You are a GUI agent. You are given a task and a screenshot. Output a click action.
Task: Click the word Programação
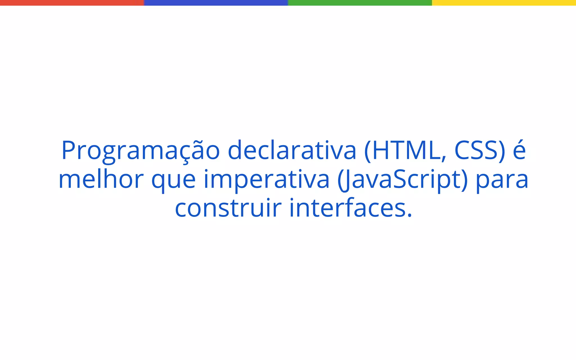140,151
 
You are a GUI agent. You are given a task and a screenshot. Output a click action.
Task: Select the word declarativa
292,151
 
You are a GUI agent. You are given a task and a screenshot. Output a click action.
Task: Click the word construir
228,208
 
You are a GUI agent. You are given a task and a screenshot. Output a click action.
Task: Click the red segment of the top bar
72,3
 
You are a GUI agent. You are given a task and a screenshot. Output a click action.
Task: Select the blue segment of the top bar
216,3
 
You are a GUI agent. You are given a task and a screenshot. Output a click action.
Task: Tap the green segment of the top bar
360,3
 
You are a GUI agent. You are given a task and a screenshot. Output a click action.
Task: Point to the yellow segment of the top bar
504,3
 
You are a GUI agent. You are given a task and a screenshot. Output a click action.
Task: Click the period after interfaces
409,216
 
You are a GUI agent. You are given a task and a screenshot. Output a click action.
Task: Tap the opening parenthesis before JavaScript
340,180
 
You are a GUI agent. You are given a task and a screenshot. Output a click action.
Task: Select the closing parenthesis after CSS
502,151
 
